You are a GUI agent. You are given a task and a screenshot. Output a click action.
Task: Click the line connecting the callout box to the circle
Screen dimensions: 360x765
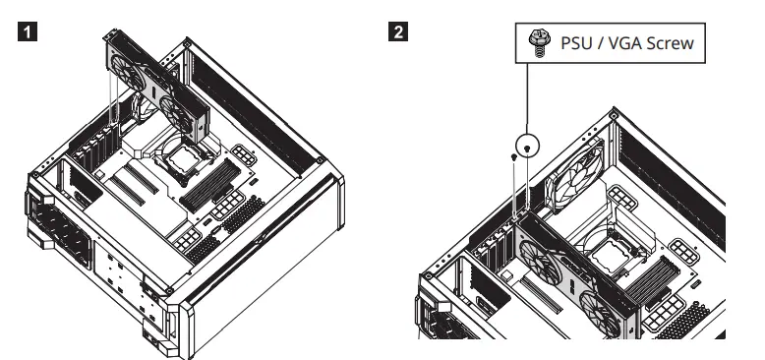529,98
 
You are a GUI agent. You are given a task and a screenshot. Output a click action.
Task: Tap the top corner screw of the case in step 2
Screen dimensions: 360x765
614,111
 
